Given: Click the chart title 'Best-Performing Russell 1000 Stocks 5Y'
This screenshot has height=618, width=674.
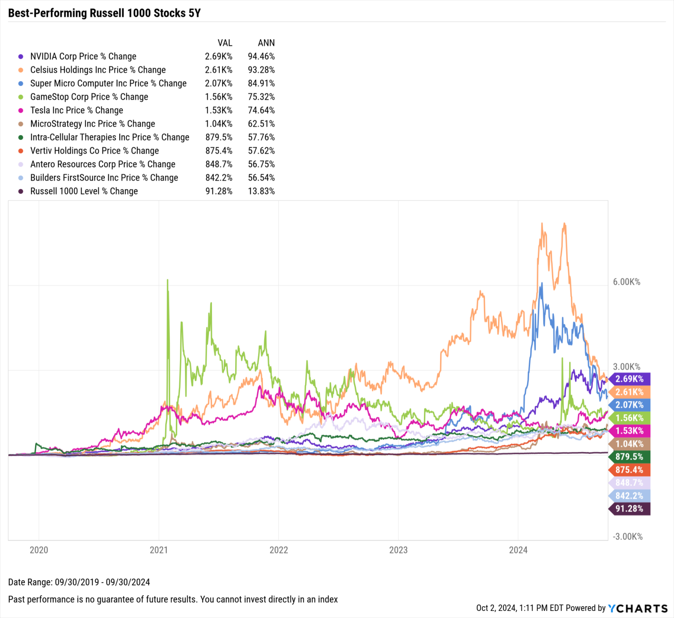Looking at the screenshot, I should point(104,13).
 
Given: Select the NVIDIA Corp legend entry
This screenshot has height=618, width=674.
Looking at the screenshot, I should point(83,57).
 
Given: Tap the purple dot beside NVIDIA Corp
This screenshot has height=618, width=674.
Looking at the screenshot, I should point(20,57).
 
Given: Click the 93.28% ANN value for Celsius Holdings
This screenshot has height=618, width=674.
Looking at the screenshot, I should point(261,70).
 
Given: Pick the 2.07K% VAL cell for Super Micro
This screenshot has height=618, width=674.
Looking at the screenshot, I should point(219,83).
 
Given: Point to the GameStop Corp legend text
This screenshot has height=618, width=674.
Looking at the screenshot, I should point(89,97).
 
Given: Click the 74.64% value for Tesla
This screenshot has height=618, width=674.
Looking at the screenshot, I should point(261,111).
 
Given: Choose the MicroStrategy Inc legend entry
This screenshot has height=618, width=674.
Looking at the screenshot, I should point(92,124).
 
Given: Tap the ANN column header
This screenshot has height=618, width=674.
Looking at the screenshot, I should point(266,43).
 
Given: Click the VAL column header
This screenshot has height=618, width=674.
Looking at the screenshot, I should point(225,43).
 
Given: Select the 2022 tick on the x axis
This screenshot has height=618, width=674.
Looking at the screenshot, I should point(279,550).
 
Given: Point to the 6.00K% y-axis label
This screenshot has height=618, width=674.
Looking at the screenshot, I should point(626,282).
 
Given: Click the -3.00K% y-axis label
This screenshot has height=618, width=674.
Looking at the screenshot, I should point(627,537).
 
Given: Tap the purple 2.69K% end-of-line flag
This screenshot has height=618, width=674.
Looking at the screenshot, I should point(629,379).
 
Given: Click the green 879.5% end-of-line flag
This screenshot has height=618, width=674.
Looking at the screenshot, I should point(629,457).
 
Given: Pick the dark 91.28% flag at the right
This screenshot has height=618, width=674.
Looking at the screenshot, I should point(629,509).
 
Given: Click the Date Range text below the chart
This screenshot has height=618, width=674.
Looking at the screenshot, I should point(79,582).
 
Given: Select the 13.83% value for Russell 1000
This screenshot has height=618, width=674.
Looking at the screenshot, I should point(261,192).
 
